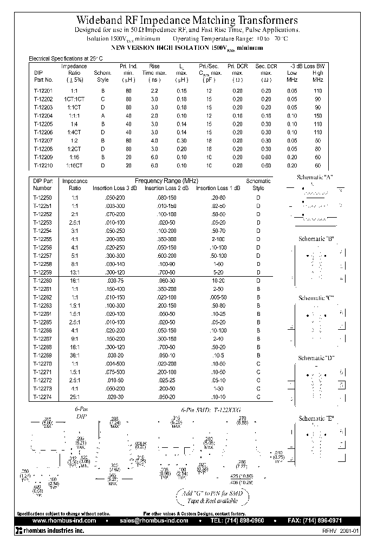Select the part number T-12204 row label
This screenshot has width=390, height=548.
pos(43,115)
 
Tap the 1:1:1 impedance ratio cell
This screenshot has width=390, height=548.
pos(74,115)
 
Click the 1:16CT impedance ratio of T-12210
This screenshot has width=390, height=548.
pos(74,165)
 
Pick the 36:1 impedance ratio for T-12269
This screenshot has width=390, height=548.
pos(75,355)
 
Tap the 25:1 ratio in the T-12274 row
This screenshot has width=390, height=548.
pos(75,397)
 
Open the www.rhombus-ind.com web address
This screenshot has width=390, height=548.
pos(61,520)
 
